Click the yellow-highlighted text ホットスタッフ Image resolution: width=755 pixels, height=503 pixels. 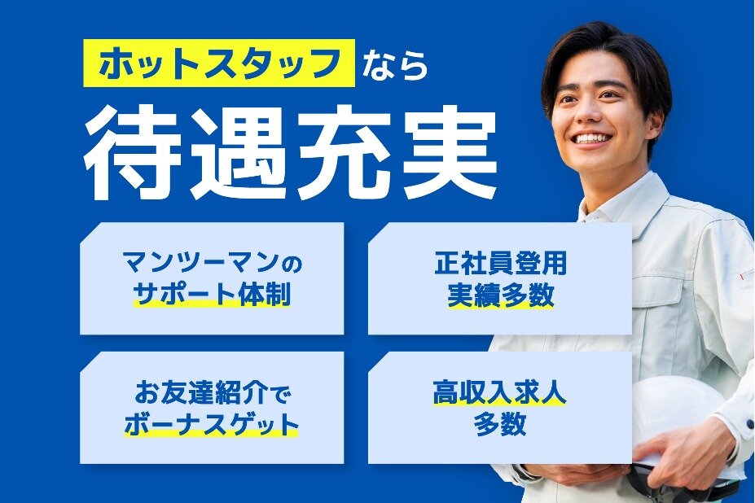pos(219,63)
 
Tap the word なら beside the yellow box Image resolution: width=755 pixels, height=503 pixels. pos(395,65)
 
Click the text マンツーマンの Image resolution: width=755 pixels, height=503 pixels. pos(213,264)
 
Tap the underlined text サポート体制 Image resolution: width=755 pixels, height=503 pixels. pos(212,294)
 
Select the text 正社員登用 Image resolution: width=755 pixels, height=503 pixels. pos(500,263)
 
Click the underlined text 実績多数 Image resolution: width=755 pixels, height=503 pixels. pos(500,294)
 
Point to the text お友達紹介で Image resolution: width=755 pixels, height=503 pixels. pos(212,393)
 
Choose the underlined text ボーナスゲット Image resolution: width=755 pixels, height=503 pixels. pos(212,424)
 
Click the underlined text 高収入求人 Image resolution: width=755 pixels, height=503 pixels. pos(500,393)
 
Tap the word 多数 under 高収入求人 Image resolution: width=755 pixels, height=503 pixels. pos(500,424)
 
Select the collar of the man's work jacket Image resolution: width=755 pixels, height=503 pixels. pos(621,202)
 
